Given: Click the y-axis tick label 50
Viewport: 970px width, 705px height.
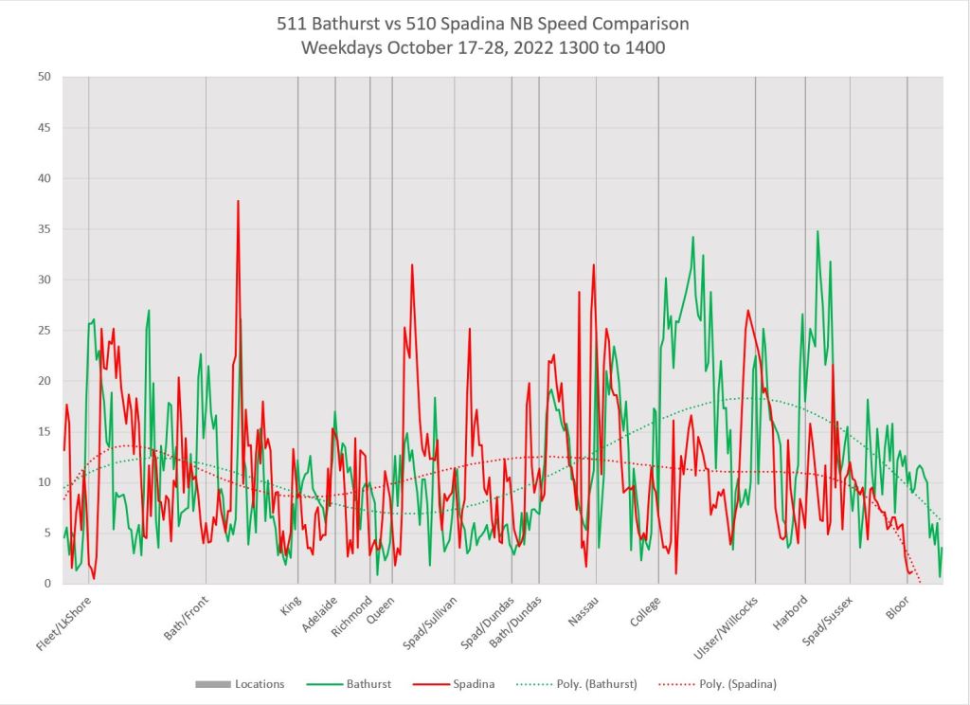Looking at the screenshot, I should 43,77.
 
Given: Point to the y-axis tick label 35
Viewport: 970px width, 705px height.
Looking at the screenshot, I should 43,229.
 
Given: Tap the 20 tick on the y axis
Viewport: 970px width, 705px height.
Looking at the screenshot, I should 43,381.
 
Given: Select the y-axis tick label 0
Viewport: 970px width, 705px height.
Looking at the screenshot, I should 45,584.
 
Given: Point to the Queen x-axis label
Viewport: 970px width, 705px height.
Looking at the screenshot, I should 381,611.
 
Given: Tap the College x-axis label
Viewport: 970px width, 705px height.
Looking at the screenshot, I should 646,611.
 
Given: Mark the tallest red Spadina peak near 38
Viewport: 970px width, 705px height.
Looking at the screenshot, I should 238,201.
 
